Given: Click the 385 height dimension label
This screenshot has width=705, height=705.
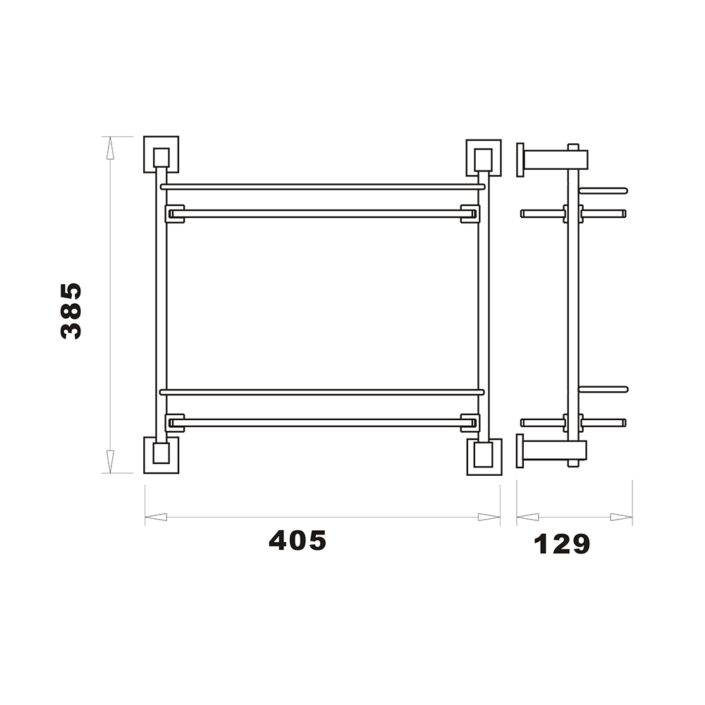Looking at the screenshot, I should (x=71, y=311).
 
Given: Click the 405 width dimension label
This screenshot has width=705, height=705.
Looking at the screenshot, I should (x=298, y=541).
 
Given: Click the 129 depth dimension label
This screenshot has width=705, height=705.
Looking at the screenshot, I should (x=562, y=544).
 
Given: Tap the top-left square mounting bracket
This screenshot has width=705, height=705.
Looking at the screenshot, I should (x=161, y=155).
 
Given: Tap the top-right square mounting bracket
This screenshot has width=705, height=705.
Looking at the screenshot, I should (x=483, y=157).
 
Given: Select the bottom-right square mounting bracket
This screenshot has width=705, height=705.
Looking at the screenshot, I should (x=484, y=457).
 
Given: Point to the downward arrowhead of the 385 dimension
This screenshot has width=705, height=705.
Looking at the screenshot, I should (x=110, y=462).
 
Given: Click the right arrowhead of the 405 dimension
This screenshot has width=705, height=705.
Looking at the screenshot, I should (x=489, y=517).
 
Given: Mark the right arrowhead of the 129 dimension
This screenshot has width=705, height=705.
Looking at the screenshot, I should (x=621, y=517).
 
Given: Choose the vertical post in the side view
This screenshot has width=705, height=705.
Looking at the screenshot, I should (x=572, y=303).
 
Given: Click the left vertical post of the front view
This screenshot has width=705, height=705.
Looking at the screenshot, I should (x=161, y=303).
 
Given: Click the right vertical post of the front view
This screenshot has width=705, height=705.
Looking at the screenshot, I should (x=483, y=303).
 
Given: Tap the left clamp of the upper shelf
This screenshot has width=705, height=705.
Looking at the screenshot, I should (x=173, y=213).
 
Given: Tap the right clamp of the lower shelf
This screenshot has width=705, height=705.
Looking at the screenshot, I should (x=470, y=422).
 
